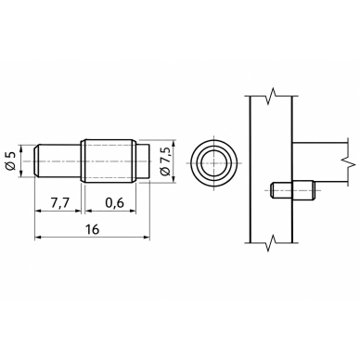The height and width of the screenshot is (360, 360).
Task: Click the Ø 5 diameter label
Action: point(11,161)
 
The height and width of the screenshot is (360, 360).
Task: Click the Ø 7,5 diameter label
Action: point(166,161)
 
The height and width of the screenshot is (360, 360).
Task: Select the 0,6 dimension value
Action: point(114,203)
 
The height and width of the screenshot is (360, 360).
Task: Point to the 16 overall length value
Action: point(92,229)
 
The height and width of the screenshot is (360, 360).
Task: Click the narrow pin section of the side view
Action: point(58,161)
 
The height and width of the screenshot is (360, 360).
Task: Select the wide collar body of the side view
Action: point(109,161)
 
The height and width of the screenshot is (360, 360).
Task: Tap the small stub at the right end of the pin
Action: point(143,161)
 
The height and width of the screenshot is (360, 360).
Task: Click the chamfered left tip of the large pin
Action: point(36,161)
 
